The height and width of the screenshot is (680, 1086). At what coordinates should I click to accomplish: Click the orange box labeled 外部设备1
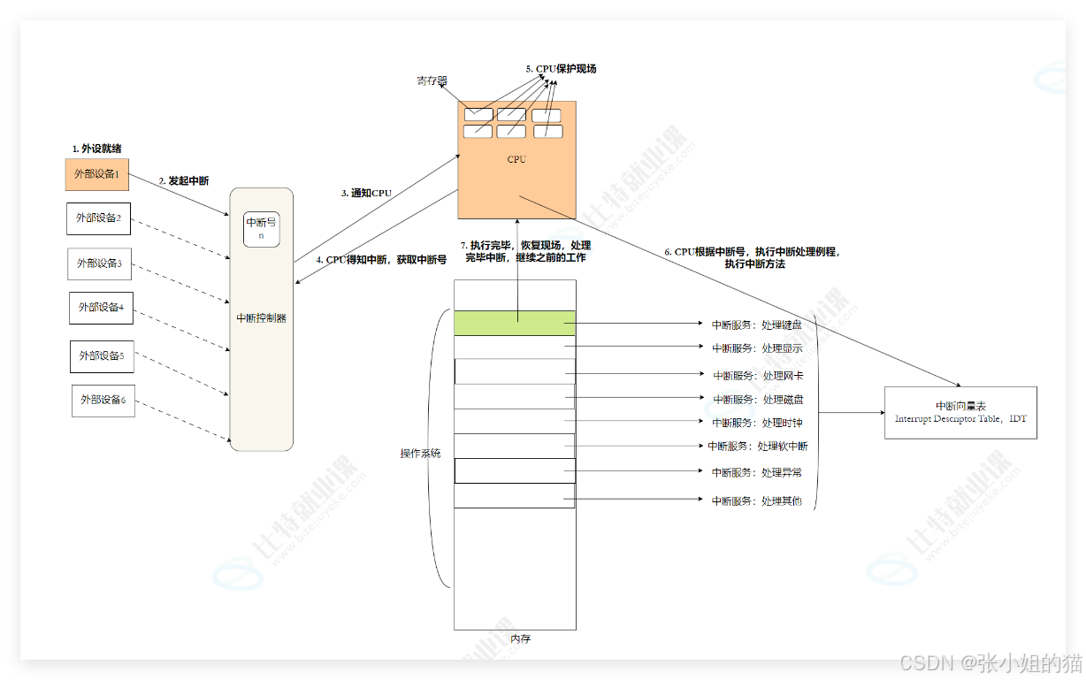pos(97,174)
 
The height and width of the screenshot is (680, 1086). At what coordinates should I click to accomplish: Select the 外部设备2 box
pos(99,218)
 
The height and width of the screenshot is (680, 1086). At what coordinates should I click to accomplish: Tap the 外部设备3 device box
pos(100,264)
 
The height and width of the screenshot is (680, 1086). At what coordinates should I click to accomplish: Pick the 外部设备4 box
pos(102,308)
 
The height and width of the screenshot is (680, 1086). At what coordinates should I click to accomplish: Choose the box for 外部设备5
pos(103,355)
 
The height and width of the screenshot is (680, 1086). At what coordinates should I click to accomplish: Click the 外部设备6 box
pos(103,401)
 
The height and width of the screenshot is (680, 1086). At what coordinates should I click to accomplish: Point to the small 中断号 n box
pos(262,228)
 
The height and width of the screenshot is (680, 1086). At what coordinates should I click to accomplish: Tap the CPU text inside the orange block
pos(516,160)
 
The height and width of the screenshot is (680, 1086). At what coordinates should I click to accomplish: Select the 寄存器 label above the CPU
pos(432,81)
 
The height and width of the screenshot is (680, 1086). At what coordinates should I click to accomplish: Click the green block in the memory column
pos(515,323)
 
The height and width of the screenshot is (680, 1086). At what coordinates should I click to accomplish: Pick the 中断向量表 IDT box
pos(960,412)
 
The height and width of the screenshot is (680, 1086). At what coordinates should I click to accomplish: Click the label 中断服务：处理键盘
pos(757,325)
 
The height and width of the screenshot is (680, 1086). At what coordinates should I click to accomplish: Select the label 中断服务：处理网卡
pos(758,376)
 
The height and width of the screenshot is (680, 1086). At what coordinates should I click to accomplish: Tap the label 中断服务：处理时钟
pos(757,423)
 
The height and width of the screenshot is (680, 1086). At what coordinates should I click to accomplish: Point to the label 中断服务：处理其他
pos(757,500)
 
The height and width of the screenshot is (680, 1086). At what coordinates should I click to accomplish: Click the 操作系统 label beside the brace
pos(421,454)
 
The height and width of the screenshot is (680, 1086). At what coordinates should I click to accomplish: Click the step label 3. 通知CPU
pos(367,193)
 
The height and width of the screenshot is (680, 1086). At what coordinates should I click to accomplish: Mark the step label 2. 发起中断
pos(184,180)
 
